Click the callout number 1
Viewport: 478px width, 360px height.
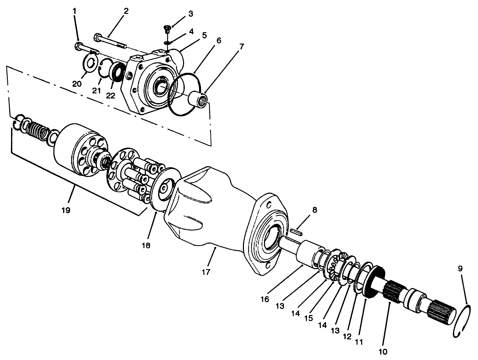click(x=75, y=11)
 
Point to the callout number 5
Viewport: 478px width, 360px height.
click(x=204, y=35)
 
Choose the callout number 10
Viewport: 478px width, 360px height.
click(x=383, y=352)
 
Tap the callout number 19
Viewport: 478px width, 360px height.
click(x=66, y=210)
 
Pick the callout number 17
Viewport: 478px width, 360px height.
click(x=206, y=272)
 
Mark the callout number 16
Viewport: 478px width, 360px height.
click(x=265, y=299)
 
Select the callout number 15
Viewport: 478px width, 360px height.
click(x=309, y=318)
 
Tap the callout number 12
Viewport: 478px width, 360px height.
click(x=347, y=336)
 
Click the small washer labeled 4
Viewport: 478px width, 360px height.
click(x=167, y=43)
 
